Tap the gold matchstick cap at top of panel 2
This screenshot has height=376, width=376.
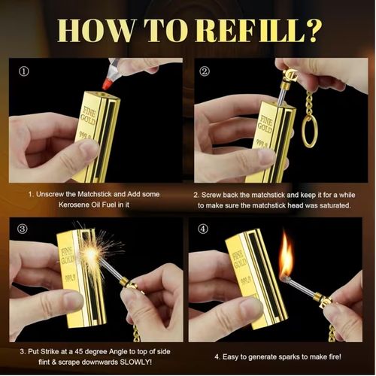pos(290,74)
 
